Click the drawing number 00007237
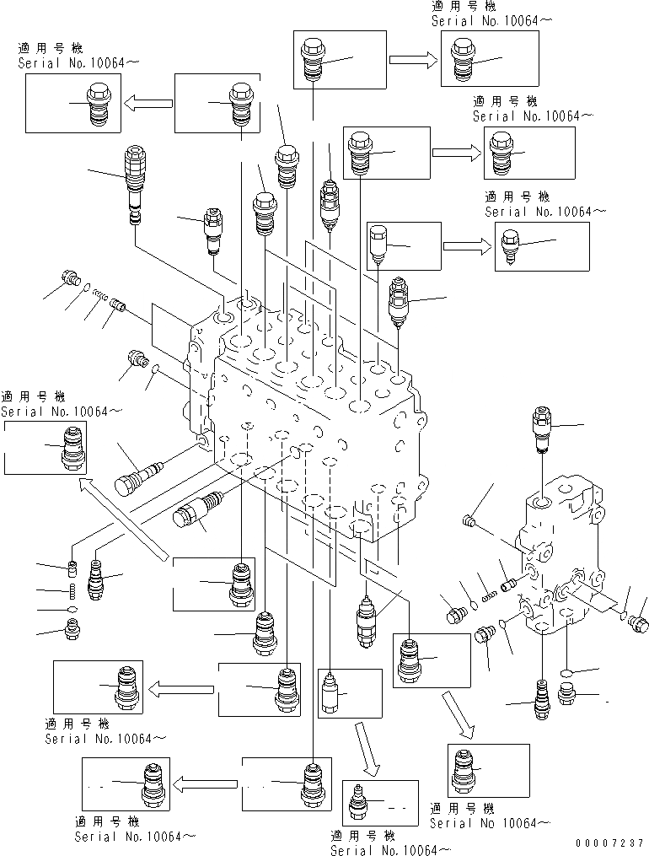609,843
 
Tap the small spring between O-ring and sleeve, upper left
100,295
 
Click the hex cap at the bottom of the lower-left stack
72,628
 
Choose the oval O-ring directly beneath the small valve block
567,674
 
